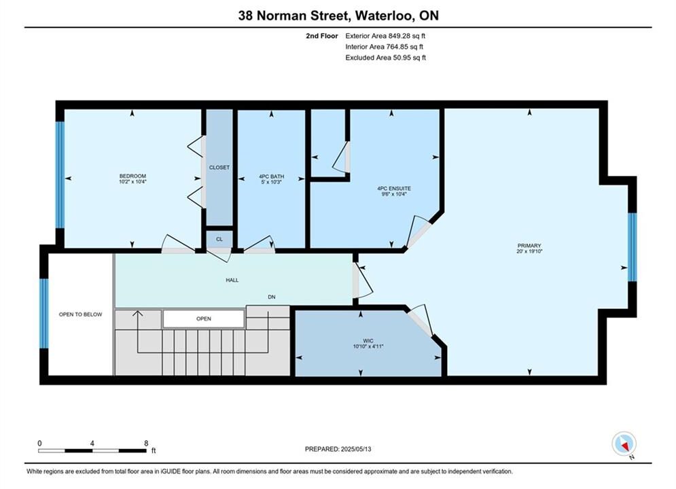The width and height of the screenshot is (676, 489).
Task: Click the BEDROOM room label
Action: [x=132, y=176]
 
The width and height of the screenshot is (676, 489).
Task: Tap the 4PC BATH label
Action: [x=271, y=176]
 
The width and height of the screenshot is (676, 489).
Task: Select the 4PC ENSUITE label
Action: [x=394, y=188]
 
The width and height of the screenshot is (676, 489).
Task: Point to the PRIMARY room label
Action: [x=529, y=246]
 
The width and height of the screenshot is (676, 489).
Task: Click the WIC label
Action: [x=368, y=340]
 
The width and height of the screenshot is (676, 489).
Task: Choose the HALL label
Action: [x=232, y=280]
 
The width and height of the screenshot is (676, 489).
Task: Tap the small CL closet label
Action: [x=219, y=239]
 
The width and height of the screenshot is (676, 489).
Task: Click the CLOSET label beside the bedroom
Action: [x=219, y=167]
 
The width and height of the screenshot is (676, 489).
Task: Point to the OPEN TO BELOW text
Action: [x=81, y=314]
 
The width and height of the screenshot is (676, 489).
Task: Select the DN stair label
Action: [x=272, y=297]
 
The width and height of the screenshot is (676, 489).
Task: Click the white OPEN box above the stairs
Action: [x=204, y=319]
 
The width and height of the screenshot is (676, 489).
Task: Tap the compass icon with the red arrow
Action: [x=624, y=443]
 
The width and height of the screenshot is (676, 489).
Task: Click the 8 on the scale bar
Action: [x=146, y=443]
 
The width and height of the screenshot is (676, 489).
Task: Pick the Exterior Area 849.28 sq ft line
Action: [x=385, y=36]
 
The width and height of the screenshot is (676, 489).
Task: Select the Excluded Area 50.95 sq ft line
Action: [x=385, y=57]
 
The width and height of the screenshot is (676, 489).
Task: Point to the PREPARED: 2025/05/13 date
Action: [x=338, y=449]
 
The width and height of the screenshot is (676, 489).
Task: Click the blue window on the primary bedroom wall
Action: [x=632, y=247]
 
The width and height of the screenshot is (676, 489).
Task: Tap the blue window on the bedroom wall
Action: [x=60, y=175]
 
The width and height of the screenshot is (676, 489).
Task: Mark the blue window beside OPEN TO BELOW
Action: [x=44, y=313]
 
